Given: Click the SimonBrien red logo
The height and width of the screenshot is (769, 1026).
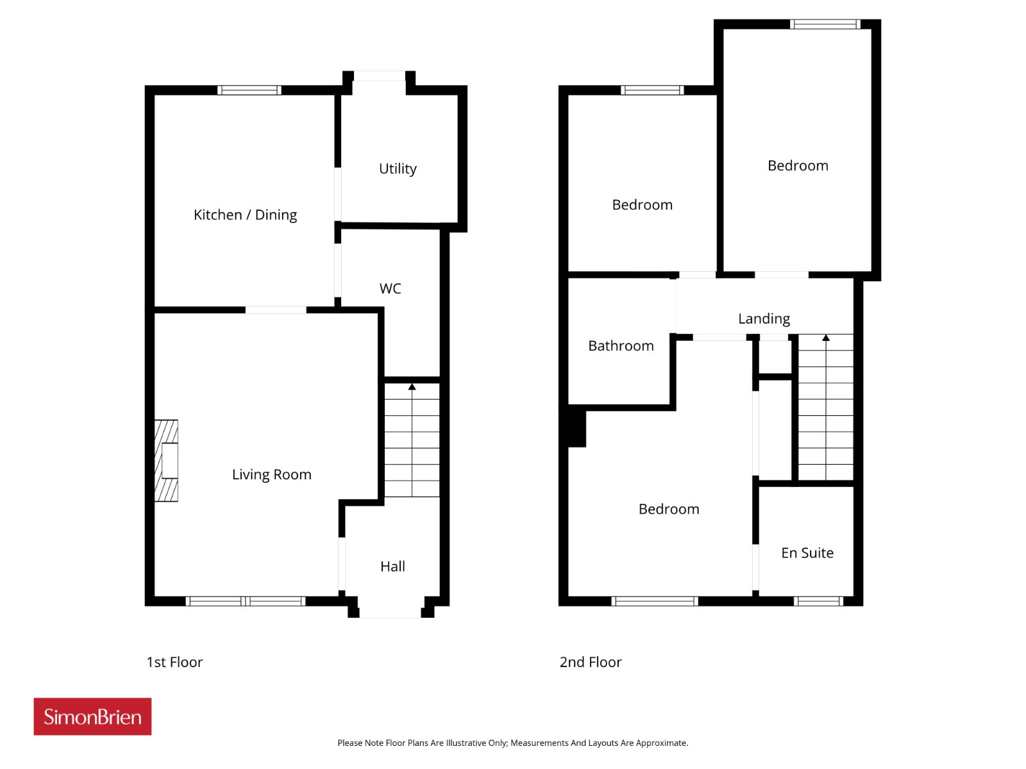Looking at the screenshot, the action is tap(92, 716).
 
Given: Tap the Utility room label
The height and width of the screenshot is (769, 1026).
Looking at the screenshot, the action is tap(398, 169).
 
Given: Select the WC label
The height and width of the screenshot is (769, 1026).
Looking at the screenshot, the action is tap(390, 288).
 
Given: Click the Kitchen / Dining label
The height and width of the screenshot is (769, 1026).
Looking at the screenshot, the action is tap(245, 215).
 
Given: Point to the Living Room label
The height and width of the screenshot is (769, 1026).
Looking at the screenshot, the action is tap(272, 474).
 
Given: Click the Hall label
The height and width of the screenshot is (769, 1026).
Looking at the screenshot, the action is tap(392, 566).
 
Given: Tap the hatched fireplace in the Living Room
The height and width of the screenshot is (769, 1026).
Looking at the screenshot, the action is tap(166, 460).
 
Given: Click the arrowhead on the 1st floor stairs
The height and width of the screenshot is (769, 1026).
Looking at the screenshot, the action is tap(412, 386).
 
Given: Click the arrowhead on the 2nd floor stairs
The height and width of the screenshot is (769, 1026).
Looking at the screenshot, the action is tap(826, 338).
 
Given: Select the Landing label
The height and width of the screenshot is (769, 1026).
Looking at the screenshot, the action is tap(764, 319).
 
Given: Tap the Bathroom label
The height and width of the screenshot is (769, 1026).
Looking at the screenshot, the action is tap(621, 346).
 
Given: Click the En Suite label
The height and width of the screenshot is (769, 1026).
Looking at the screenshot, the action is tap(807, 553).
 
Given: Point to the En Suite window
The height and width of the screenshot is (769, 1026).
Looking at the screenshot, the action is tap(818, 601).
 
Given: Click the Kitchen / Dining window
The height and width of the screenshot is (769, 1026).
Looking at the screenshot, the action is tap(249, 90).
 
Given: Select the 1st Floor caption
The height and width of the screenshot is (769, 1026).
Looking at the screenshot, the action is tap(174, 662).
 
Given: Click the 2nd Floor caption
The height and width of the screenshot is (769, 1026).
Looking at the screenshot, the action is tap(591, 662).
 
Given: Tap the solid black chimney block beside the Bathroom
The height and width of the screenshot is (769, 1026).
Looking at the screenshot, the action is tap(576, 429).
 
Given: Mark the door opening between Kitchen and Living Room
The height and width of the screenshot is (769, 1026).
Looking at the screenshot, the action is tap(276, 310).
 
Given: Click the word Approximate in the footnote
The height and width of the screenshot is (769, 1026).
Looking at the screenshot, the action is tap(661, 743).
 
